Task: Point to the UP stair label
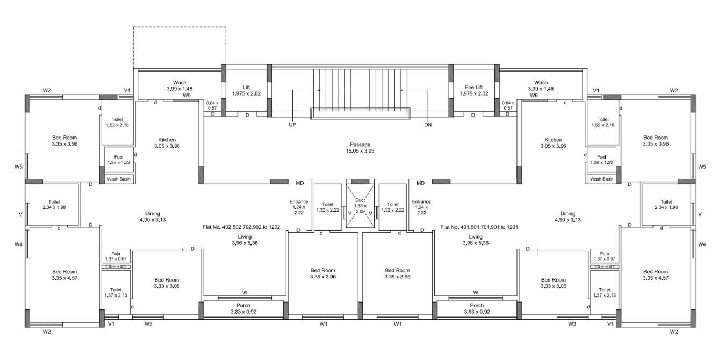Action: tap(292, 125)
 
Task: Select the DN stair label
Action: tap(428, 125)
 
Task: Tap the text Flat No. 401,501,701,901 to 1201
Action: tap(479, 227)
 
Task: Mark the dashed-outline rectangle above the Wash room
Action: tap(180, 47)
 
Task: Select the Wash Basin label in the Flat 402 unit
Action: tap(119, 179)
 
